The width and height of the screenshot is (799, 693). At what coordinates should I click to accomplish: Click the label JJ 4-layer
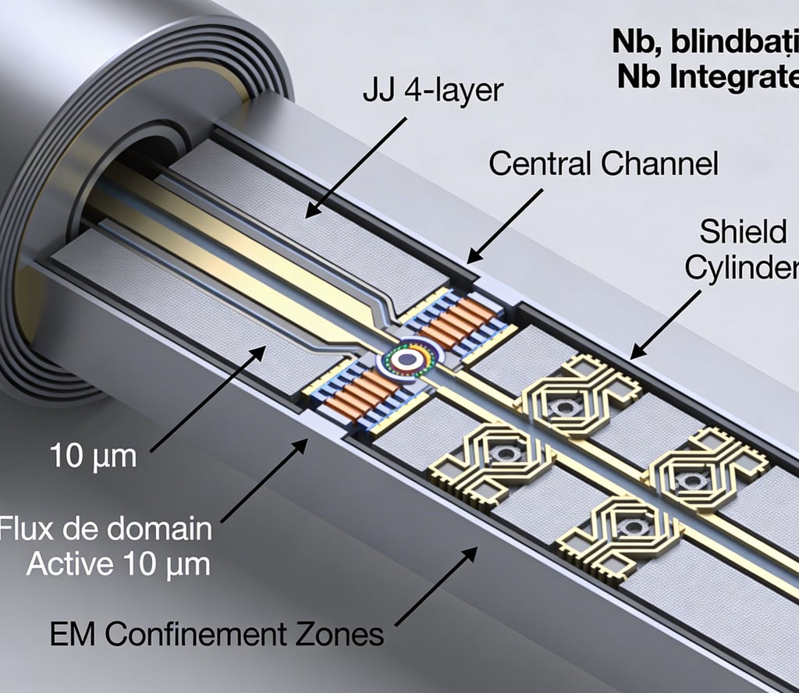[x=433, y=91]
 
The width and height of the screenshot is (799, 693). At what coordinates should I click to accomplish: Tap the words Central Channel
[x=602, y=165]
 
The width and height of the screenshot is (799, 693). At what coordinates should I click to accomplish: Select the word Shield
[x=733, y=232]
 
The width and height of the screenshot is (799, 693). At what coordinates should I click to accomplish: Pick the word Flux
[x=24, y=529]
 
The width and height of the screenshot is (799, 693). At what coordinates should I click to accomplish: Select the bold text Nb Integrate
[x=706, y=77]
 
